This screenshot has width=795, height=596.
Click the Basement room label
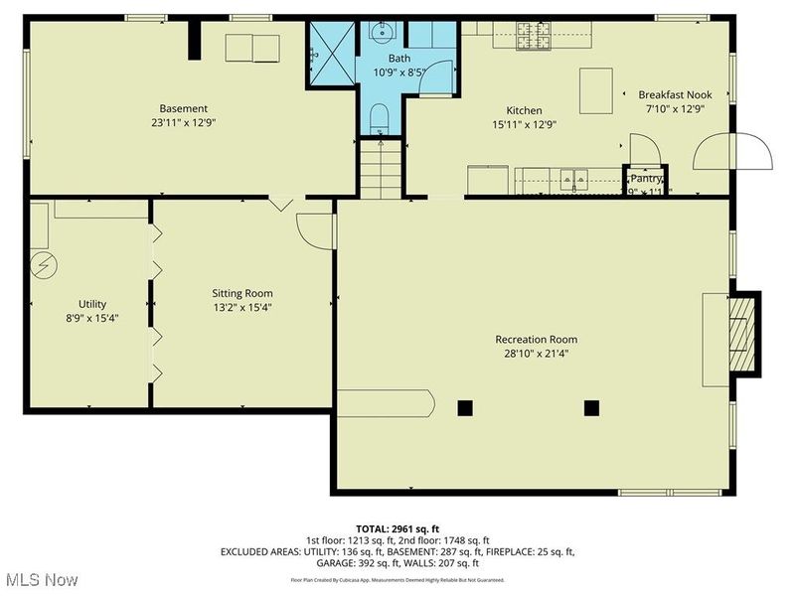click(x=184, y=108)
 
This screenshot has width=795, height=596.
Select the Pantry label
click(x=646, y=179)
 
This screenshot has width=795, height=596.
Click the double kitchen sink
click(x=572, y=180)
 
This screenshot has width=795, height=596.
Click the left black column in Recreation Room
click(x=464, y=406)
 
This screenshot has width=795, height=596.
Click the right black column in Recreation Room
click(x=591, y=406)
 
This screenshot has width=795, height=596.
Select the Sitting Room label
click(x=242, y=293)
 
